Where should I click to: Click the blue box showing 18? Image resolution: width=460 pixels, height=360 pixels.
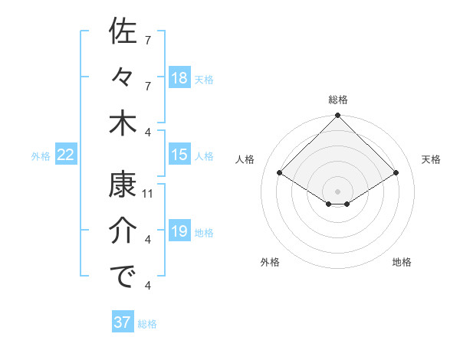tap(179, 77)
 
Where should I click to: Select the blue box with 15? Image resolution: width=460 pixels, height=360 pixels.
tap(179, 155)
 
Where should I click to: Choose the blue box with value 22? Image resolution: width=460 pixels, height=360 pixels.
tap(66, 155)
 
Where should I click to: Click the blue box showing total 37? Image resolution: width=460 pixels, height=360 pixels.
tap(123, 322)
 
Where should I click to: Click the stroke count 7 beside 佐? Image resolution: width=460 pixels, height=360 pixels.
tap(148, 40)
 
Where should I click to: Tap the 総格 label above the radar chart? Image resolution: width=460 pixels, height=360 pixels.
tap(337, 100)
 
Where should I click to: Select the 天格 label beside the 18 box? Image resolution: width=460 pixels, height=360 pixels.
tap(204, 78)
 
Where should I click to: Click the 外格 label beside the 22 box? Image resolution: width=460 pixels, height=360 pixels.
tap(41, 155)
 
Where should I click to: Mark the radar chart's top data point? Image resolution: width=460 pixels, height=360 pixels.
tap(337, 116)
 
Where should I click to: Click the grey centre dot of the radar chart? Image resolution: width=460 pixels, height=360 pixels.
tap(337, 190)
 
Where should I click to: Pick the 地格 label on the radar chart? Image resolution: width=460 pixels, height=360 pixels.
tap(402, 262)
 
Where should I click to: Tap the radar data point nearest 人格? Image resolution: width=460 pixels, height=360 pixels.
tap(280, 173)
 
